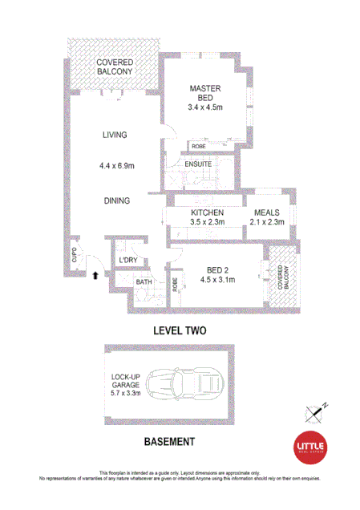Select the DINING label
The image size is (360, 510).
click(x=116, y=200)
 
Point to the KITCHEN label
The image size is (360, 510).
click(x=206, y=212)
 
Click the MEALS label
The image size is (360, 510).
click(x=265, y=212)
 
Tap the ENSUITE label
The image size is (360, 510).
click(x=198, y=164)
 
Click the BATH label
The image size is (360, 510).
click(x=144, y=282)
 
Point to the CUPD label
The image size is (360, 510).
click(x=74, y=257)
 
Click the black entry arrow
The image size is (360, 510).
click(x=95, y=274)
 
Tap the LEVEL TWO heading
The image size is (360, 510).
click(x=180, y=330)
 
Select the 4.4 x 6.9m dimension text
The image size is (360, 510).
click(x=116, y=167)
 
